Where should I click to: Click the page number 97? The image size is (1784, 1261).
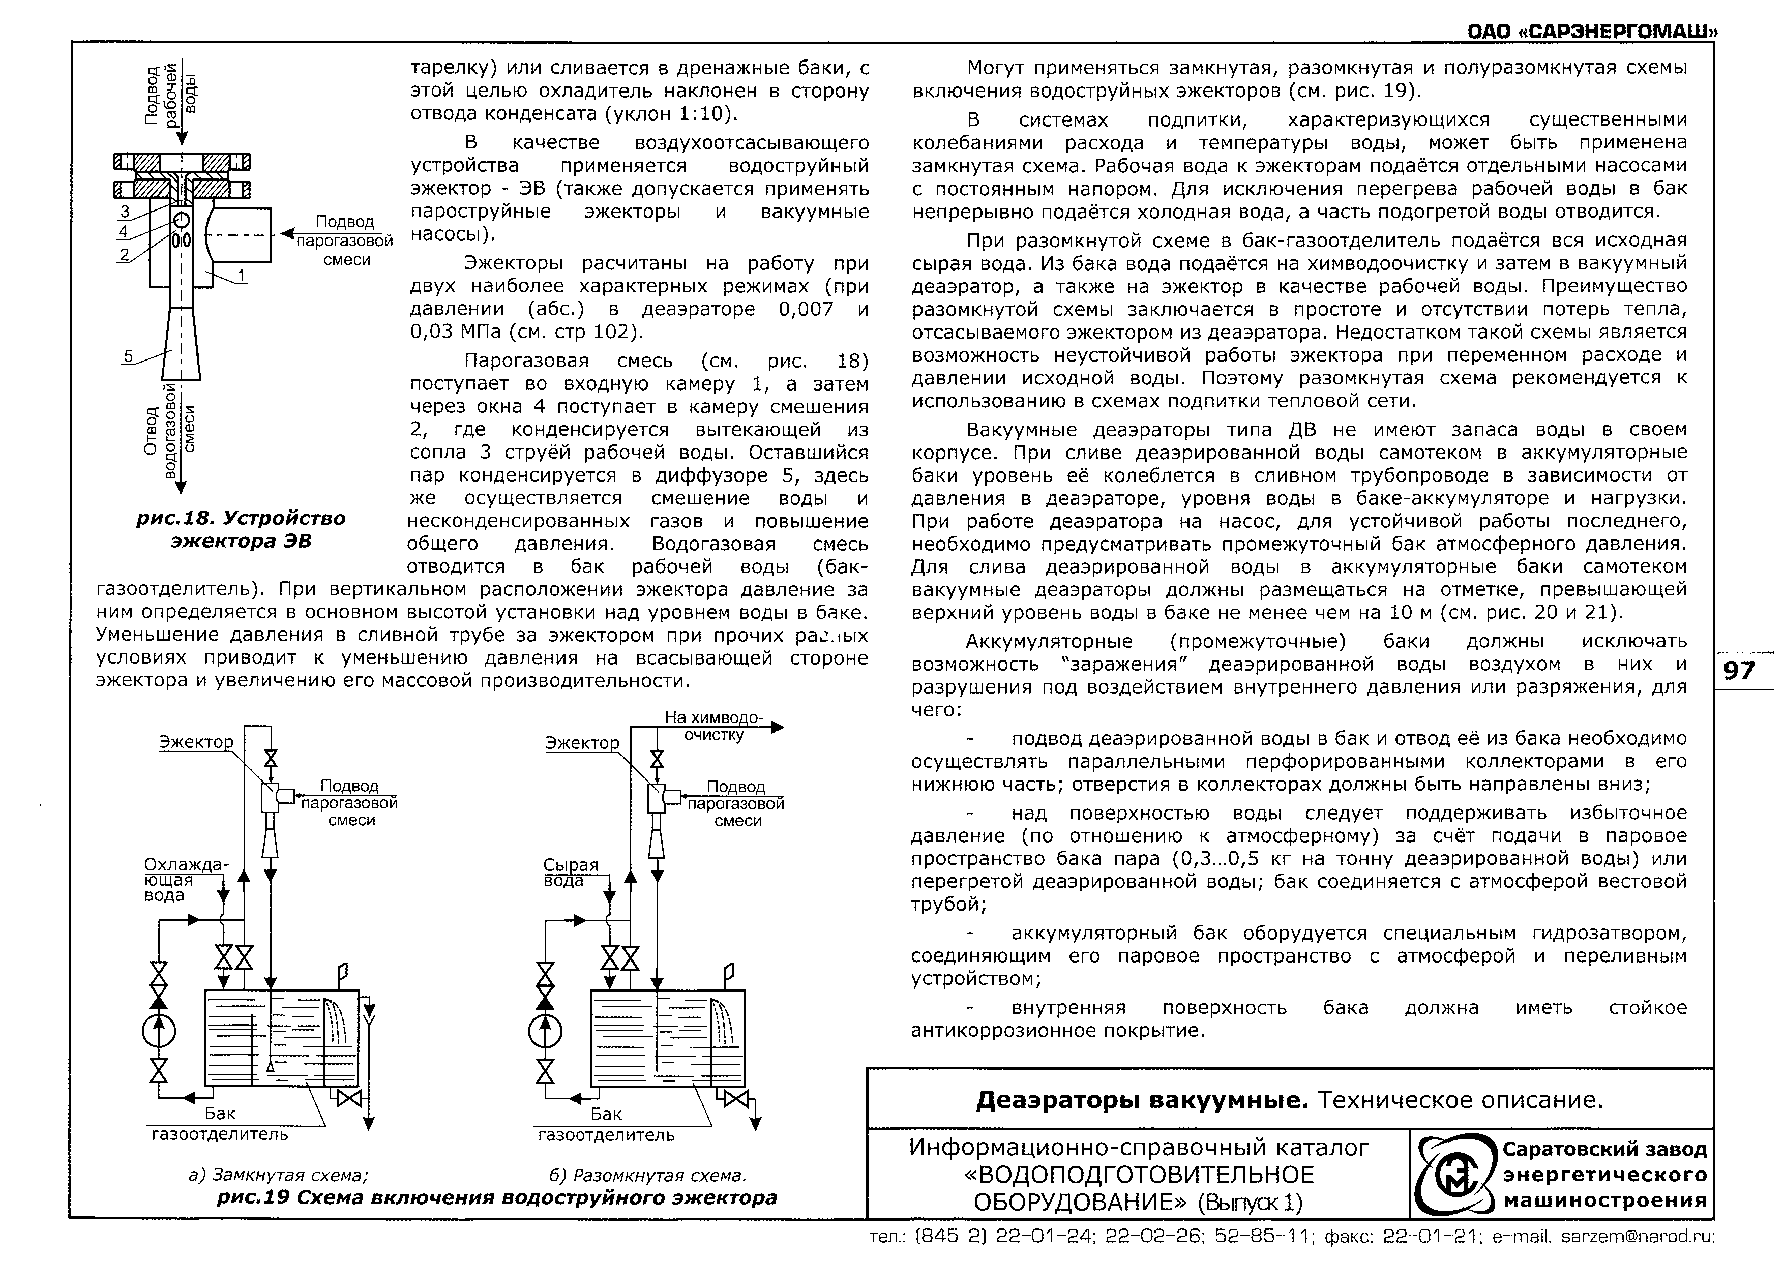point(1739,670)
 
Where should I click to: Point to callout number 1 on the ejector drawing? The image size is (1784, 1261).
point(241,275)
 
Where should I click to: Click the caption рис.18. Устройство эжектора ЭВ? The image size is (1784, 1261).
point(241,529)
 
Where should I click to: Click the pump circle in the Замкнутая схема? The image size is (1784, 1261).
point(159,1032)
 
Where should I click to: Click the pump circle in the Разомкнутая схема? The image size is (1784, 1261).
point(546,1032)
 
